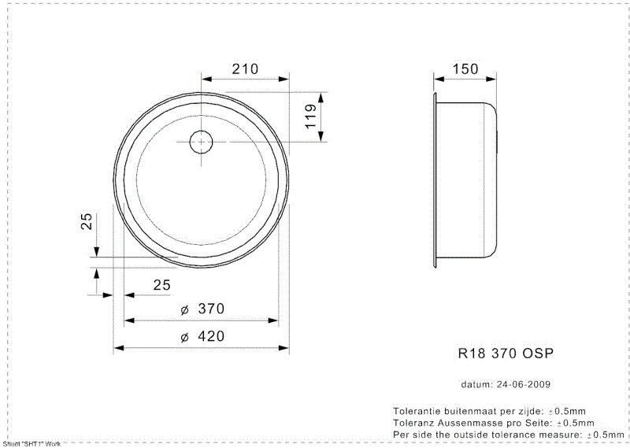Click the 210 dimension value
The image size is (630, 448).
(245, 69)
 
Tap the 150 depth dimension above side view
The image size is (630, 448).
(466, 69)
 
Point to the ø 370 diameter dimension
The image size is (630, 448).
(203, 310)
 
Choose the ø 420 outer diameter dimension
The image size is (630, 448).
(203, 337)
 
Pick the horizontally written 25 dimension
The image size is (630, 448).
(161, 285)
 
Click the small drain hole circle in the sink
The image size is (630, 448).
(202, 143)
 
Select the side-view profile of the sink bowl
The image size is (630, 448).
(466, 180)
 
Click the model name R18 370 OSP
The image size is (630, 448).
(495, 354)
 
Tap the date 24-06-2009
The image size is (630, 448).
(522, 385)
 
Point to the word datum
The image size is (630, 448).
(476, 385)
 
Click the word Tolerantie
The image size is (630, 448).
(416, 412)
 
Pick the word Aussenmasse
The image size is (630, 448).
(471, 423)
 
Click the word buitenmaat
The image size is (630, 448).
(469, 412)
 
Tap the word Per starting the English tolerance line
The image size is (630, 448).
(401, 434)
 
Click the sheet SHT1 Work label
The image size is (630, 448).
(31, 444)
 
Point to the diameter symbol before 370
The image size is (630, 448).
(183, 310)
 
